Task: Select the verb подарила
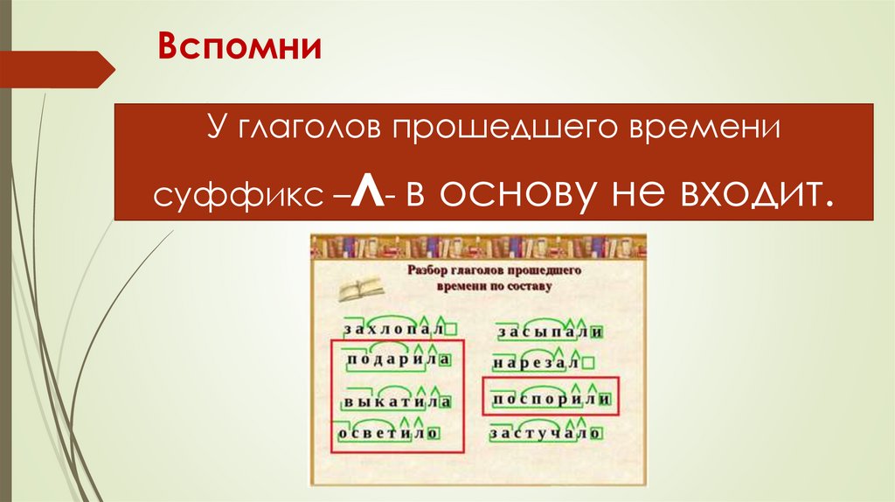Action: point(392,360)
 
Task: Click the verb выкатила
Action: point(392,402)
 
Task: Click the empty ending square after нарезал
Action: point(588,362)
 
